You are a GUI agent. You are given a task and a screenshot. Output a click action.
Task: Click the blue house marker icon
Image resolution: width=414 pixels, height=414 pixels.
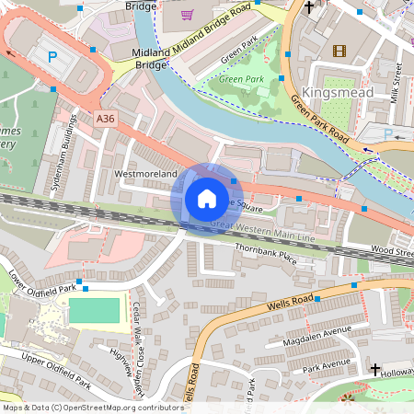click(x=206, y=199)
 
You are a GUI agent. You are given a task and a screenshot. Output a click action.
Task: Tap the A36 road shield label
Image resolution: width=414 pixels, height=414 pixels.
click(x=106, y=118)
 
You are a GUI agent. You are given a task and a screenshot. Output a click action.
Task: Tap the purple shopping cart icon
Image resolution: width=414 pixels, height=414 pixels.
click(x=188, y=15)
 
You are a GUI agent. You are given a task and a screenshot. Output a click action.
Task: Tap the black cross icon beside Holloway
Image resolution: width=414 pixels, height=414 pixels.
click(x=375, y=369)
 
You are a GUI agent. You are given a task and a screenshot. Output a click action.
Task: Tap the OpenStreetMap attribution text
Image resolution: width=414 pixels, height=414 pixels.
click(x=92, y=407)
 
